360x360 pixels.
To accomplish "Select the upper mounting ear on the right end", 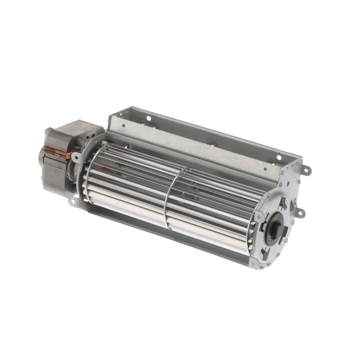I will point(307,170).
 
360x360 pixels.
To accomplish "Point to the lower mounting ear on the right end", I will point(300,212).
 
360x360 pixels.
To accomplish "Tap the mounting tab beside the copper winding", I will point(75,157).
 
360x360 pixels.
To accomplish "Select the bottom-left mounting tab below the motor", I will point(72,202).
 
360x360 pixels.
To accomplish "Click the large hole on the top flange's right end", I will point(279,157).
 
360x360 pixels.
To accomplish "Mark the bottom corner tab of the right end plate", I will point(255,264).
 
